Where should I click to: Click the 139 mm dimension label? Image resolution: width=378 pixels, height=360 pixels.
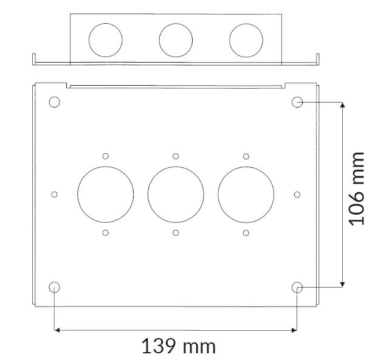[x=179, y=346]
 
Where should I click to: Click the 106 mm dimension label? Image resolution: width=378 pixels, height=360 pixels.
[x=357, y=189]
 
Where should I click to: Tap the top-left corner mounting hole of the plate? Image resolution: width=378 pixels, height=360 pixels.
[x=55, y=102]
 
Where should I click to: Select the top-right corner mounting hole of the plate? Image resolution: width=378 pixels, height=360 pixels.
[x=297, y=102]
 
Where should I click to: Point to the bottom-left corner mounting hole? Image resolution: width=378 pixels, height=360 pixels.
[x=55, y=287]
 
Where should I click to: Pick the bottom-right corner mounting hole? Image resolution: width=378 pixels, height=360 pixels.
[x=297, y=288]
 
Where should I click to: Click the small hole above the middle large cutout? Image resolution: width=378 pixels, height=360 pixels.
[x=176, y=156]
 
